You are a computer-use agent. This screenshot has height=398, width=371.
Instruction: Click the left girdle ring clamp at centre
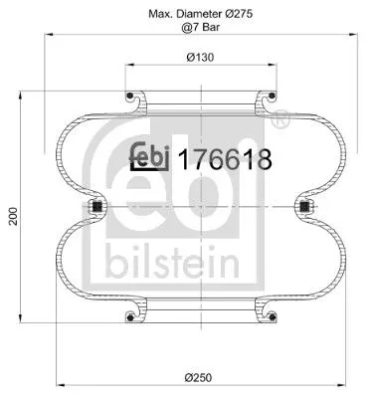click(96, 207)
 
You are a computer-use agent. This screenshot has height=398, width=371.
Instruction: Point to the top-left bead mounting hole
click(131, 97)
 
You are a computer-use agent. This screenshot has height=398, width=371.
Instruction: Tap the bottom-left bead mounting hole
click(131, 317)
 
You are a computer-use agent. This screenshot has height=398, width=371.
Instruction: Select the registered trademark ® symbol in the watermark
click(281, 120)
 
